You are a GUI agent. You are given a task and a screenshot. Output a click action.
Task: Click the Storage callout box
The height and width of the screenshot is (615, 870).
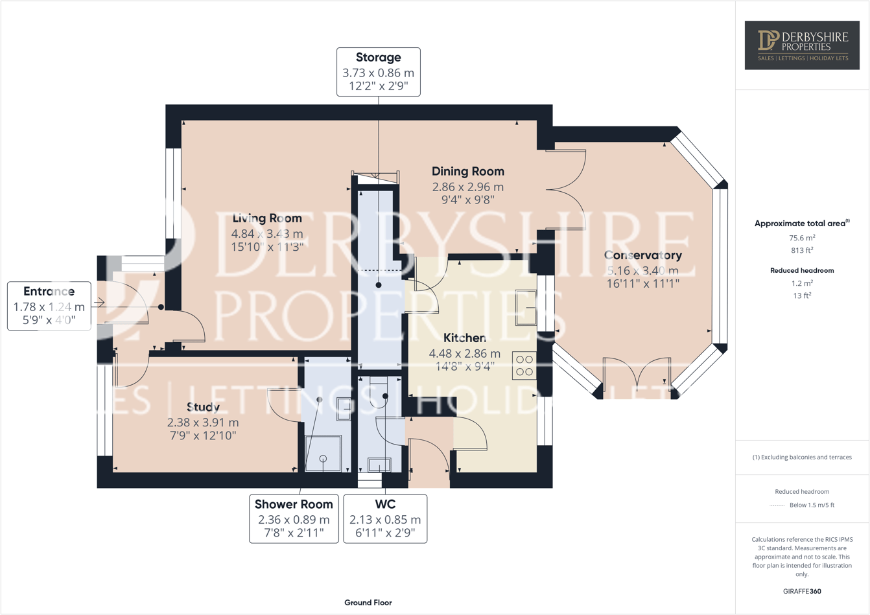coord(378,72)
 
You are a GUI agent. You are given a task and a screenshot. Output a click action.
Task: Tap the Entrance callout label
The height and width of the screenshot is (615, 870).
coord(49,306)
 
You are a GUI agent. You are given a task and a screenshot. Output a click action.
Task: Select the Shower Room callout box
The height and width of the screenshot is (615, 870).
coord(294,518)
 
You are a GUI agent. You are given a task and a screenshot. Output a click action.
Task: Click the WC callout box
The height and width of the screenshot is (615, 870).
coord(385,518)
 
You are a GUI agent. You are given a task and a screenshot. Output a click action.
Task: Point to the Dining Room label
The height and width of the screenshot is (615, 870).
coord(467,172)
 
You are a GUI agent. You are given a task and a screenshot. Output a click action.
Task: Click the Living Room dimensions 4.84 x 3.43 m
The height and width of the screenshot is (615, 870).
coord(267,233)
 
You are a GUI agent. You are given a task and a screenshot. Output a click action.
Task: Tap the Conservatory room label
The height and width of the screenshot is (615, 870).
coord(642,255)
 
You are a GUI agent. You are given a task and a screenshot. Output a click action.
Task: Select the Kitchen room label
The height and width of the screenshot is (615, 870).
coord(464,338)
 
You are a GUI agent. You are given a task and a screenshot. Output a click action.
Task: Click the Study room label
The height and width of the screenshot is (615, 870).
coord(203,408)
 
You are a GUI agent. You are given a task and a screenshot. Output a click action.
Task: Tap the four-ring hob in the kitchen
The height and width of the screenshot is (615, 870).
coord(524,366)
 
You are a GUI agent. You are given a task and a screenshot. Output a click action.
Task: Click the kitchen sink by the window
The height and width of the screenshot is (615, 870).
coord(526,307)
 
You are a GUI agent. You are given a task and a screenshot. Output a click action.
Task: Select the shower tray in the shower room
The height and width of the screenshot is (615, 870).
coord(323,454)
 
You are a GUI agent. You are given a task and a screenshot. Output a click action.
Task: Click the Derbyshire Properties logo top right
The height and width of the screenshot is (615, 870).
coord(802,45)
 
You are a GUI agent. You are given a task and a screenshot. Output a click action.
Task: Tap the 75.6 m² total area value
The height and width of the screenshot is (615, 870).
coord(802,238)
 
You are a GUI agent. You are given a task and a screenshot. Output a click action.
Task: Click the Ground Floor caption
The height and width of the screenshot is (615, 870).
coord(368,603)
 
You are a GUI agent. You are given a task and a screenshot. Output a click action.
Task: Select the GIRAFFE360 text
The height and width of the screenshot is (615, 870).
coord(802,591)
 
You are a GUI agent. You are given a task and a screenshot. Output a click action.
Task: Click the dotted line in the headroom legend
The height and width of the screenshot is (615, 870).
coord(777,505)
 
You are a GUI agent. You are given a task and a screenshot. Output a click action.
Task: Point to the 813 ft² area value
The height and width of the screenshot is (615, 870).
coord(802,250)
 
